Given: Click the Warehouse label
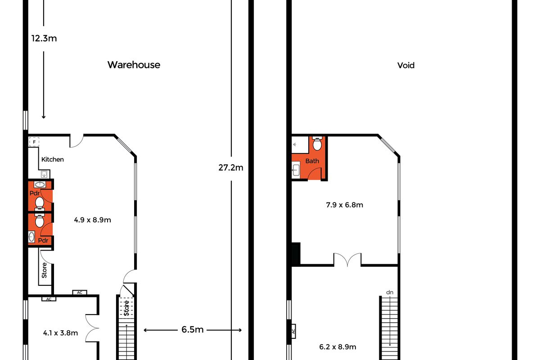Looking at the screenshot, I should [134, 65].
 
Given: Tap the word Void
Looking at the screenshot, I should [405, 65].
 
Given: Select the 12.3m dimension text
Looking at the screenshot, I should [44, 38].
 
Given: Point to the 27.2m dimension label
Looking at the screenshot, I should [231, 168].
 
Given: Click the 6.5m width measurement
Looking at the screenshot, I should [193, 330].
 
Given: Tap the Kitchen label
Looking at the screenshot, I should [53, 159].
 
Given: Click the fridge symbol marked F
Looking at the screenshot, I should [33, 142].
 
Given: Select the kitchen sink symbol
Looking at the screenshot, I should [45, 174].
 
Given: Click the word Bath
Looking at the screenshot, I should [312, 161].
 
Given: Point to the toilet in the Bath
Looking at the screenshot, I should [317, 144].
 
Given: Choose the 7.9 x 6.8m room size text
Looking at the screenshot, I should [345, 205].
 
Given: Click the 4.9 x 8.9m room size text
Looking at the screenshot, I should [92, 220].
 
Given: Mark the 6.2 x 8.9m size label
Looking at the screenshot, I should [337, 347].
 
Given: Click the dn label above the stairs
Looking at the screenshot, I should [390, 292].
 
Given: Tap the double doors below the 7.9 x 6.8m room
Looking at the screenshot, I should [347, 260].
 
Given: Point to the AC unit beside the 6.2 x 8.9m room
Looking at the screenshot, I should [293, 331].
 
